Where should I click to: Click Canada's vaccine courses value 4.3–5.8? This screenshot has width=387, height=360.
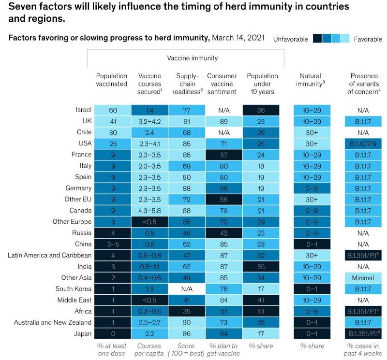(x=149, y=210)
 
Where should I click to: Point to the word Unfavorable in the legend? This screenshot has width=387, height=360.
(x=290, y=39)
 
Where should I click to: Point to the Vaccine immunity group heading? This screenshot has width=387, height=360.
(x=192, y=58)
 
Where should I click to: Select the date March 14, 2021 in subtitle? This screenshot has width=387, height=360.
(x=238, y=39)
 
